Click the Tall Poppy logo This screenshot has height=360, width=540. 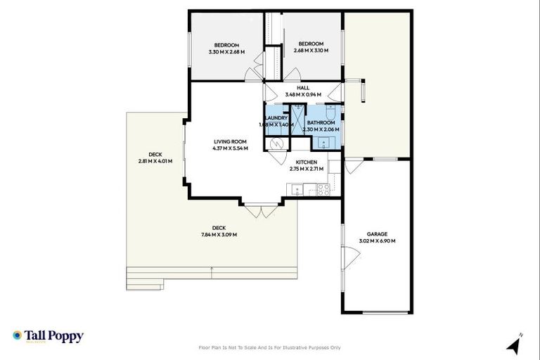(48, 336)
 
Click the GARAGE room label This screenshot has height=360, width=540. (377, 234)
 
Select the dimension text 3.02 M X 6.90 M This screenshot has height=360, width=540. (377, 241)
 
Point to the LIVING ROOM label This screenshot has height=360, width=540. (231, 141)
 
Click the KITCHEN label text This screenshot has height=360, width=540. (306, 162)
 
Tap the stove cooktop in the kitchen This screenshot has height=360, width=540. (324, 188)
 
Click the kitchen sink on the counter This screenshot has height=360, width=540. (298, 188)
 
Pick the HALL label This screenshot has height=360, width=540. (303, 88)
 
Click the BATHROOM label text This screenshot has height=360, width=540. (321, 122)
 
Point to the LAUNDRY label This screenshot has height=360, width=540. (276, 118)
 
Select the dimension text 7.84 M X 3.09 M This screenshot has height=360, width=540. (219, 234)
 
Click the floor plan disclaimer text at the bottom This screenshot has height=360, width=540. (270, 347)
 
